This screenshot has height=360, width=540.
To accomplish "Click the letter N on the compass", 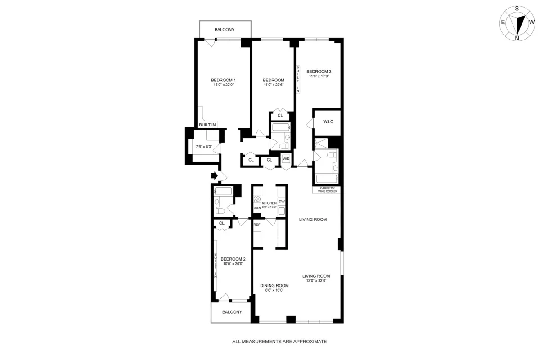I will [517, 38].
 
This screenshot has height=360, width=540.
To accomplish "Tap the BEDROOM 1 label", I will [223, 80].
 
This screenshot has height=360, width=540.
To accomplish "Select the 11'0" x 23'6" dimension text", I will [274, 85].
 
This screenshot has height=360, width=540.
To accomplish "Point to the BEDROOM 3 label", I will [319, 72].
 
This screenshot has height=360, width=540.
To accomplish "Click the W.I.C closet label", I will [327, 122].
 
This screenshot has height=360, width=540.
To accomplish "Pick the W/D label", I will [286, 159].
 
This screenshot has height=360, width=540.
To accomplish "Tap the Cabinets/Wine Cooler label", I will [327, 189].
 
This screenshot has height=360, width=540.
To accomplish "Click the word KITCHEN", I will [269, 203].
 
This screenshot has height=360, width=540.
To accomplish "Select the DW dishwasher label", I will [282, 201].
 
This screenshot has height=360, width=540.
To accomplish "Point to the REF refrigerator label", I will [257, 225].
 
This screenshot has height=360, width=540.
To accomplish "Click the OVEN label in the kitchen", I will [257, 208].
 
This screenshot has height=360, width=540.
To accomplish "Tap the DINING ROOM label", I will [274, 286].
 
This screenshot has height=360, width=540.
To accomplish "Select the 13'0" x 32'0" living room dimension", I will [316, 281].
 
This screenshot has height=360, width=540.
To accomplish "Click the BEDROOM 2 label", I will [233, 259].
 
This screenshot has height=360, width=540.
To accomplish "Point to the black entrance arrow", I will [214, 175].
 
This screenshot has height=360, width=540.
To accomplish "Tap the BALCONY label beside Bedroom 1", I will [225, 30].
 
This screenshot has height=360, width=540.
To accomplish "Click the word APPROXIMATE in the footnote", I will [308, 342].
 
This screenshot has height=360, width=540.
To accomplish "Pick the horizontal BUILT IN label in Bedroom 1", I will [207, 125].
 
